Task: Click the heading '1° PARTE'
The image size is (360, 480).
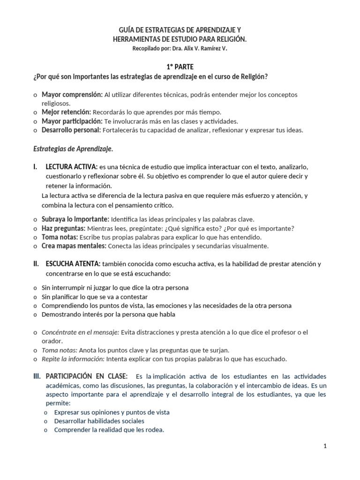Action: pyautogui.click(x=180, y=67)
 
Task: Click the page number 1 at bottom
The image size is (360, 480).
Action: pyautogui.click(x=325, y=446)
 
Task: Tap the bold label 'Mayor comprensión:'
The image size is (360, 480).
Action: pyautogui.click(x=72, y=95)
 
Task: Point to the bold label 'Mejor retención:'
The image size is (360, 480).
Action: pyautogui.click(x=67, y=112)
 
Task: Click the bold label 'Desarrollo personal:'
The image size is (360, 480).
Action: pyautogui.click(x=71, y=130)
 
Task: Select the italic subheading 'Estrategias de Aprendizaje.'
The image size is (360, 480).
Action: pyautogui.click(x=73, y=149)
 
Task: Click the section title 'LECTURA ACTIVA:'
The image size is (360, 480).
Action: pyautogui.click(x=71, y=167)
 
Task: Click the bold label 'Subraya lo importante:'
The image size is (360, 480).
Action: pyautogui.click(x=75, y=219)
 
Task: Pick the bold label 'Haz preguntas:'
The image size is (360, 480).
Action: pyautogui.click(x=63, y=228)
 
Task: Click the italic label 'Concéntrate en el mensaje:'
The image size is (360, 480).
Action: pyautogui.click(x=81, y=332)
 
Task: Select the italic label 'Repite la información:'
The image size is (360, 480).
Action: pyautogui.click(x=74, y=359)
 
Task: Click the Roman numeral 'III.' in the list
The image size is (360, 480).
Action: pyautogui.click(x=37, y=376)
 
